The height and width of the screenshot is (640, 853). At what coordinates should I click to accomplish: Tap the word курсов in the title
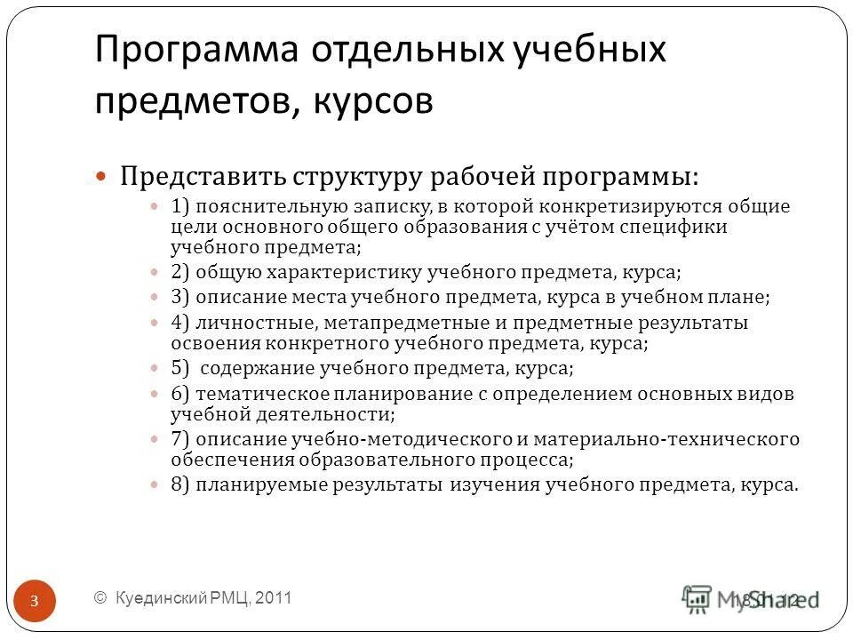(372, 100)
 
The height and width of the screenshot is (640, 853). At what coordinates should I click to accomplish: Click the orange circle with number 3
(34, 602)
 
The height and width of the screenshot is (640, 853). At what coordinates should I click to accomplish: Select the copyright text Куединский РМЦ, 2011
(193, 598)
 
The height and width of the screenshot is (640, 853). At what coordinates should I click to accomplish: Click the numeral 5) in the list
(180, 367)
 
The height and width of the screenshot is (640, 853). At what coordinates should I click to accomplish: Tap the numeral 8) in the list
(180, 485)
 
